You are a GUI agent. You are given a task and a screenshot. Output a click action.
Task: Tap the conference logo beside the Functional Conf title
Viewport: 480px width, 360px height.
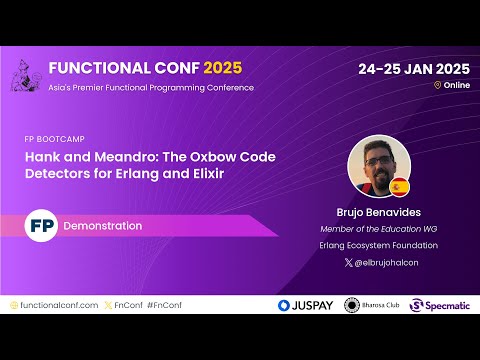tap(28, 75)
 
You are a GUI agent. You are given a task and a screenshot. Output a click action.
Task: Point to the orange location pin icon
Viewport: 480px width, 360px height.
tap(437, 86)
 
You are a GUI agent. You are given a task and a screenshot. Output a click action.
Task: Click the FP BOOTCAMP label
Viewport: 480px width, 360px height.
tap(59, 139)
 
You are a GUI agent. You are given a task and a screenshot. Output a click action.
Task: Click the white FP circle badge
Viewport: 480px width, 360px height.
tap(41, 226)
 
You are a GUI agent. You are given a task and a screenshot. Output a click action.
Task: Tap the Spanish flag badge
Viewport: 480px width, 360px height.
tap(399, 187)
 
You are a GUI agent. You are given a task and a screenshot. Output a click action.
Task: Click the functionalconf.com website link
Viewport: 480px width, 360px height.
tap(55, 305)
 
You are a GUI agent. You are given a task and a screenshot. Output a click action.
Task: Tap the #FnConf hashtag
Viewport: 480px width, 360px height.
tap(163, 305)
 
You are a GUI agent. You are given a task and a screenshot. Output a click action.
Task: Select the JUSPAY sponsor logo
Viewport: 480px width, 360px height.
tap(306, 305)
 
